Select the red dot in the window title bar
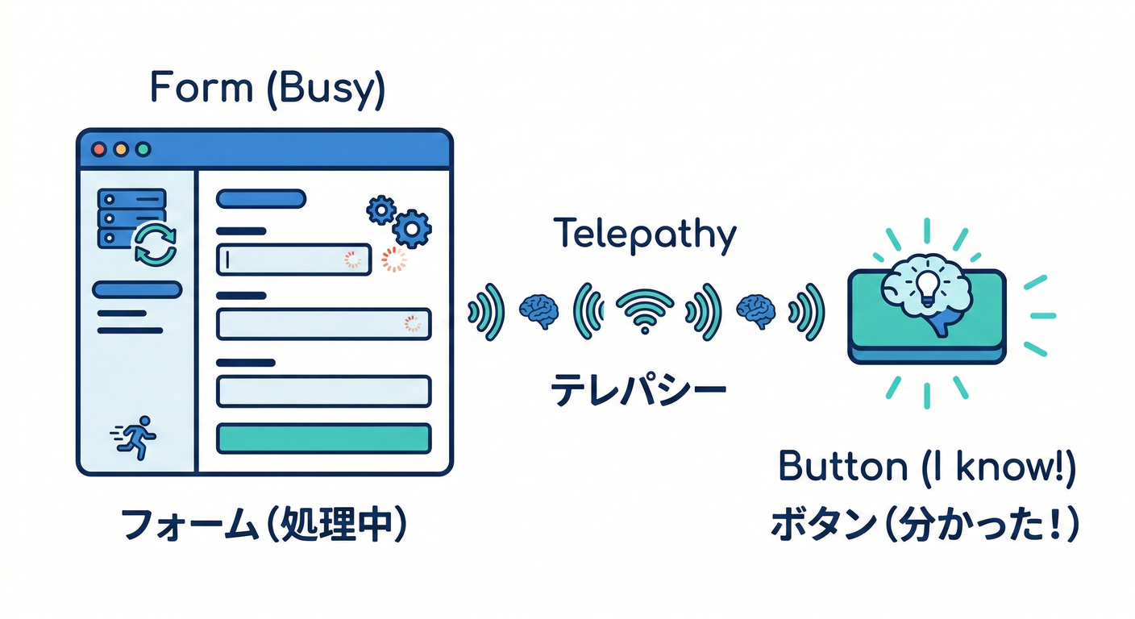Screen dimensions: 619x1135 (100, 149)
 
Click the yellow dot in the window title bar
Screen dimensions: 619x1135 (122, 149)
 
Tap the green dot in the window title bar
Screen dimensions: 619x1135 (143, 149)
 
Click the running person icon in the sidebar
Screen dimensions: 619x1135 (134, 437)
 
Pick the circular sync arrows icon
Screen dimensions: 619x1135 (155, 244)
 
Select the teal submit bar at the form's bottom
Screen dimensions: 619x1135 (324, 438)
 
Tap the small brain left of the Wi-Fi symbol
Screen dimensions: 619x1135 (536, 309)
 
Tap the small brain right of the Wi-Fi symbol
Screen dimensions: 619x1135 (756, 309)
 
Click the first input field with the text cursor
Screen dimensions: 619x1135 (294, 259)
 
